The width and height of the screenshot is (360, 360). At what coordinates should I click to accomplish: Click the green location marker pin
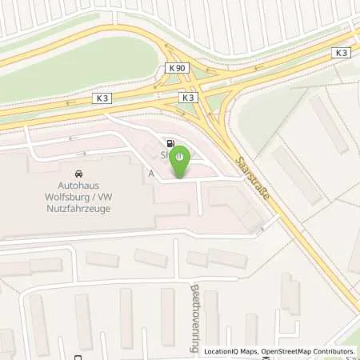182,159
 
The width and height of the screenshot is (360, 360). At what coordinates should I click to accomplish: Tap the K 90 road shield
178,69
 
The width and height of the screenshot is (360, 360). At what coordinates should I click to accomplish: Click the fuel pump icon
170,142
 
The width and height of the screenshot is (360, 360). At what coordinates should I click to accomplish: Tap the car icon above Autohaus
78,174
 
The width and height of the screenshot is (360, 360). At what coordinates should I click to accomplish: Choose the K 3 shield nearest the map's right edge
342,52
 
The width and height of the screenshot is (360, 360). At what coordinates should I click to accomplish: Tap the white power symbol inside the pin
182,155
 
